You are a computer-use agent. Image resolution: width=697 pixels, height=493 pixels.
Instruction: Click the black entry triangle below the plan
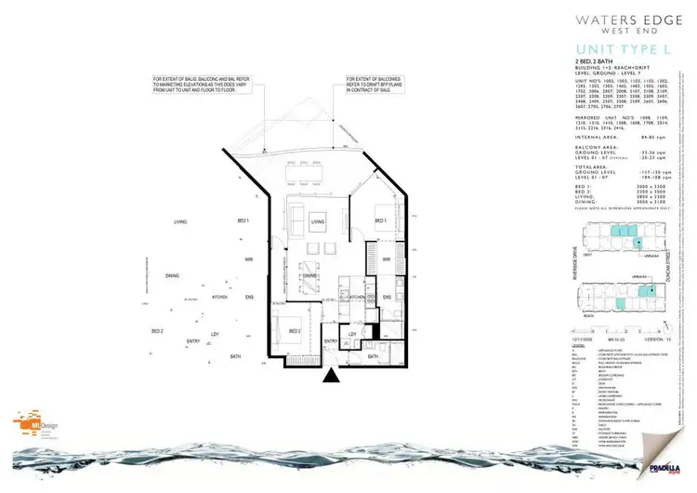[329, 377]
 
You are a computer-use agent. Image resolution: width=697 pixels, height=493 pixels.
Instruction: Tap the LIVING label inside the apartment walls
[318, 221]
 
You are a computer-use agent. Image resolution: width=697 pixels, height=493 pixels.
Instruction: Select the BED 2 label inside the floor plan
[295, 331]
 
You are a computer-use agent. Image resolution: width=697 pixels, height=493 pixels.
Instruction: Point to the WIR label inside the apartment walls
[385, 260]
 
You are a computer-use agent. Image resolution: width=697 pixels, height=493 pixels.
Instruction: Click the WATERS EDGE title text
[617, 18]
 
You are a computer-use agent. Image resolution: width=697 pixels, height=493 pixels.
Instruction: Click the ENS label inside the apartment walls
[387, 297]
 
